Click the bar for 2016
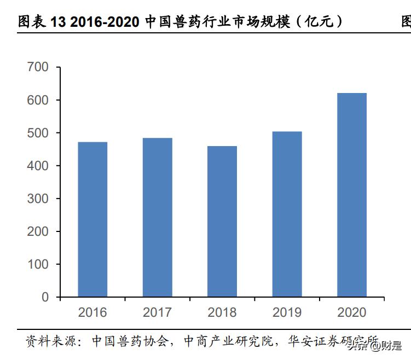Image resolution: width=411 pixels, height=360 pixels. (x=92, y=219)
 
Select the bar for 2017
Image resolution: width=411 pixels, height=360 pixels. (x=157, y=217)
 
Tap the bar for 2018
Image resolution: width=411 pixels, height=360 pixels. (x=222, y=221)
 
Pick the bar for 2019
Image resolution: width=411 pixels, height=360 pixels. (x=287, y=214)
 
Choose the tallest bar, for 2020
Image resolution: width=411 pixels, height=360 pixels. (x=351, y=195)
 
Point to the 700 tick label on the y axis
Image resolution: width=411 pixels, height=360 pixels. (x=38, y=67)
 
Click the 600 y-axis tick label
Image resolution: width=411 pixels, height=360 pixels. (x=38, y=100)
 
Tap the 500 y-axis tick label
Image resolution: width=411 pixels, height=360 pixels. (x=38, y=133)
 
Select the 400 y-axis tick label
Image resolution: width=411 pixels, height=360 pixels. (x=38, y=166)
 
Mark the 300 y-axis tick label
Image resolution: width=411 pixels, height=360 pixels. (x=38, y=199)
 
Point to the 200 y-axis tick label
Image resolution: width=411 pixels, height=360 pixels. (x=38, y=231)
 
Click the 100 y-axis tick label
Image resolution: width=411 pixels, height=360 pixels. (x=38, y=264)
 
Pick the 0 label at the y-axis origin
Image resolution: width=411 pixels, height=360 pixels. (x=45, y=297)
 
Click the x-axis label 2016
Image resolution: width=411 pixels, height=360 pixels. (x=92, y=312)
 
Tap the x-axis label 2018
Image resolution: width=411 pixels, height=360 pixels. (x=222, y=312)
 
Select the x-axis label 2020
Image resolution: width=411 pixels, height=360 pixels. (x=351, y=312)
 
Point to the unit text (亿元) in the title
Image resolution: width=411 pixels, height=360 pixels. (x=318, y=22)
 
